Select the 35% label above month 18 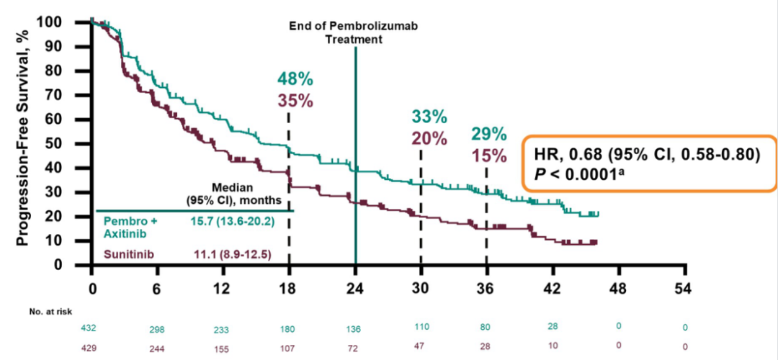295,101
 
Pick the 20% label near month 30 429,137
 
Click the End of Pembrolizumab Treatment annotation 354,33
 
